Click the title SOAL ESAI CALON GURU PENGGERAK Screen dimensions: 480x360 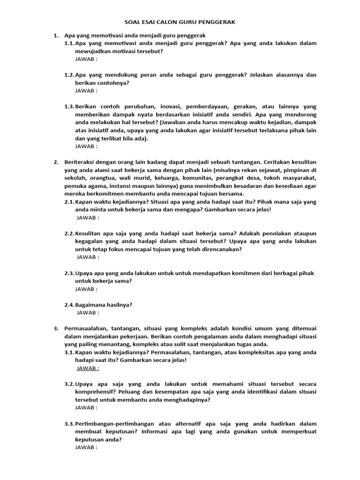[x=180, y=22]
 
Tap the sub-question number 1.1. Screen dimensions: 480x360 [x=69, y=43]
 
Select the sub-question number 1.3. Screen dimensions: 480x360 [x=69, y=107]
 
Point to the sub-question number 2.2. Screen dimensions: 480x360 [x=69, y=233]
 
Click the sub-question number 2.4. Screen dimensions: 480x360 [x=69, y=305]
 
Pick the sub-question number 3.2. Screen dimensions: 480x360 [x=69, y=384]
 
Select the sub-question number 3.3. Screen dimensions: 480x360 [x=69, y=424]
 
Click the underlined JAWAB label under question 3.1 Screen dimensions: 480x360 [x=88, y=368]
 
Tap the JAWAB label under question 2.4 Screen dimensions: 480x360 [x=88, y=313]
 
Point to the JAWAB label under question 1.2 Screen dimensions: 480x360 [x=86, y=91]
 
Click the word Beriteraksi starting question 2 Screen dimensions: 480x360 [x=81, y=162]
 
